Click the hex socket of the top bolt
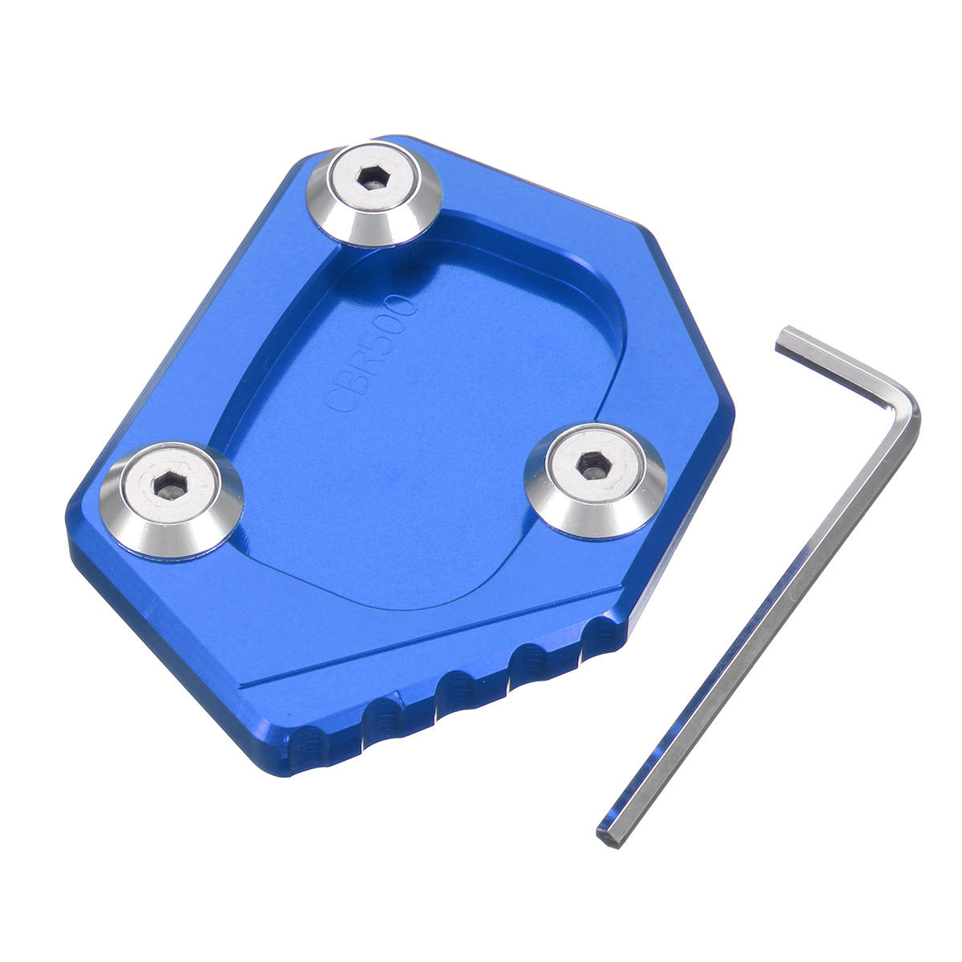pos(374,178)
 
